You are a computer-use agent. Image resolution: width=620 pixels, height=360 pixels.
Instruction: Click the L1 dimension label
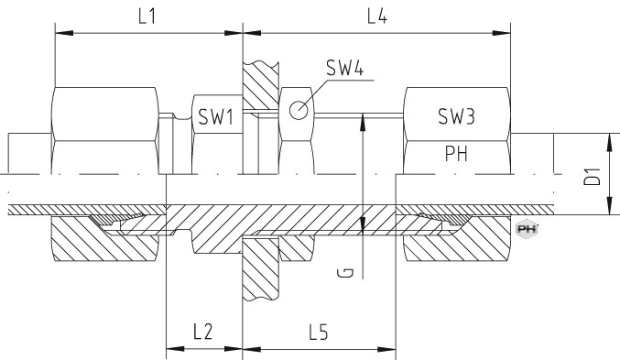pyautogui.click(x=147, y=16)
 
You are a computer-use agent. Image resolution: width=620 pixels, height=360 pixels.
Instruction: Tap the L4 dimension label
pyautogui.click(x=376, y=16)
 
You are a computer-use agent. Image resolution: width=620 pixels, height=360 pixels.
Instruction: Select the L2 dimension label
pyautogui.click(x=202, y=332)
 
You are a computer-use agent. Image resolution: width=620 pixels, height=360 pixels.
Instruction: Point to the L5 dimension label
pyautogui.click(x=319, y=332)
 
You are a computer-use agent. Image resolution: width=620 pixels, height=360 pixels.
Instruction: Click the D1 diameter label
pyautogui.click(x=593, y=177)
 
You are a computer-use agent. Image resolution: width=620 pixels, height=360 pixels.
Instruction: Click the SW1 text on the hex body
pyautogui.click(x=216, y=116)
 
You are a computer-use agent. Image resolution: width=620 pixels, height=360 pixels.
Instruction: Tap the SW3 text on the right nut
pyautogui.click(x=456, y=116)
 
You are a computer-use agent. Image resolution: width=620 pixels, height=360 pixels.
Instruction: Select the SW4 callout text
pyautogui.click(x=344, y=68)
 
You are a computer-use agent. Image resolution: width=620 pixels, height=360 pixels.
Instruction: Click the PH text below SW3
pyautogui.click(x=456, y=154)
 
